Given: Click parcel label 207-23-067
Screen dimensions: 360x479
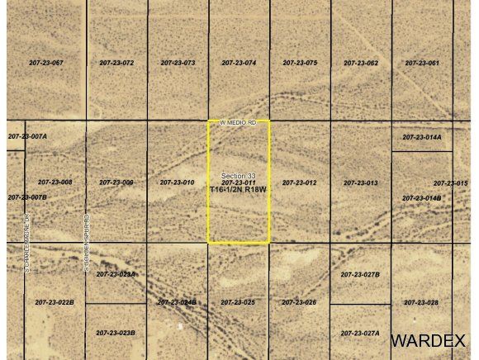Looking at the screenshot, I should [x=45, y=63].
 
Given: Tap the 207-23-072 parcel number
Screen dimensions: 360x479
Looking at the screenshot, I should [x=116, y=63].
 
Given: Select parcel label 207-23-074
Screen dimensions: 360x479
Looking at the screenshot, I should [x=239, y=63].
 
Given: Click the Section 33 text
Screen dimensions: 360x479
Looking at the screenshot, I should [x=239, y=175].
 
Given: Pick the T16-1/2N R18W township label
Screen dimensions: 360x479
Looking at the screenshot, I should [x=239, y=189].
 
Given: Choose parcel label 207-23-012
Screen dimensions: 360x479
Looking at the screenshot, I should [x=300, y=182].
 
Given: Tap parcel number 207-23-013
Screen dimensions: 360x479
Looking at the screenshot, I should [x=361, y=182].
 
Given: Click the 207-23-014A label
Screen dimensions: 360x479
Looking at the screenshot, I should [x=422, y=137].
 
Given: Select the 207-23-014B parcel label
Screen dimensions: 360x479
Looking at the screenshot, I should [x=422, y=198].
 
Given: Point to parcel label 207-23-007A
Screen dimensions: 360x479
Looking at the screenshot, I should [x=27, y=135].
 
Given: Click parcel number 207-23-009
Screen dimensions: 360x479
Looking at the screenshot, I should [x=116, y=182].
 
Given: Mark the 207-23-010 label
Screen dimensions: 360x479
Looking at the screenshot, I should [x=178, y=182].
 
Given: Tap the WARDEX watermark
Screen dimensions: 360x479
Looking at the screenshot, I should [x=429, y=340].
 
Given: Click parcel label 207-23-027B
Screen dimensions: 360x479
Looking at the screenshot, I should [x=360, y=273].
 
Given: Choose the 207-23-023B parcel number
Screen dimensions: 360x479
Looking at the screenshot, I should [x=116, y=333].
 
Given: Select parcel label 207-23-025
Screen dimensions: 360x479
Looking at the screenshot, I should [x=238, y=302].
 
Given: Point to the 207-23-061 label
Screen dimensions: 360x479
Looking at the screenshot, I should [x=422, y=63].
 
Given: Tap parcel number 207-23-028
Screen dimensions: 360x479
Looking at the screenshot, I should [x=421, y=302].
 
